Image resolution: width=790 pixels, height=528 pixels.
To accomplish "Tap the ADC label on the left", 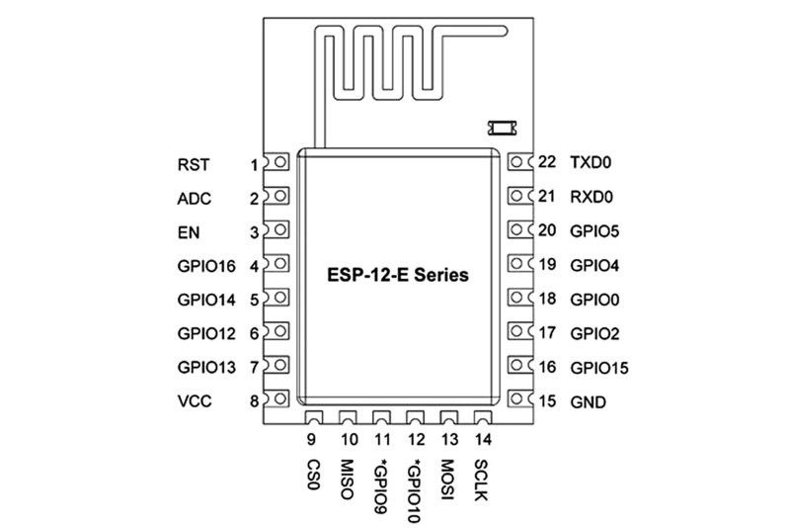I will click(195, 198).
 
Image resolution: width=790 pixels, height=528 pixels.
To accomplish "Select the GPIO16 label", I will click(206, 266).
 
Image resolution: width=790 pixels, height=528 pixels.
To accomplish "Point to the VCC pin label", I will click(196, 400).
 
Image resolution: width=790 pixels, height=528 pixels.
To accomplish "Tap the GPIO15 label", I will click(599, 368).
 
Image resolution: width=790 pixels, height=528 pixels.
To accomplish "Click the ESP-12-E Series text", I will click(397, 277).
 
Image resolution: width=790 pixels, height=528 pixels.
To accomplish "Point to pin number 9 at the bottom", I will click(311, 440).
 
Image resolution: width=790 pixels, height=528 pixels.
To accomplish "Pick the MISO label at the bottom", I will click(347, 479).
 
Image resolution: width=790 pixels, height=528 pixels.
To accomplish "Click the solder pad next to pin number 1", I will click(279, 163).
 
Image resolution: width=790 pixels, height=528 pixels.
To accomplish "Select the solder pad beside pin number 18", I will click(518, 298).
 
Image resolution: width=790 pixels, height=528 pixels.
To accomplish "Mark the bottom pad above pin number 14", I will click(481, 419).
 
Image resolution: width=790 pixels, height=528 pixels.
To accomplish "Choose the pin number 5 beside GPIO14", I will click(254, 300).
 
